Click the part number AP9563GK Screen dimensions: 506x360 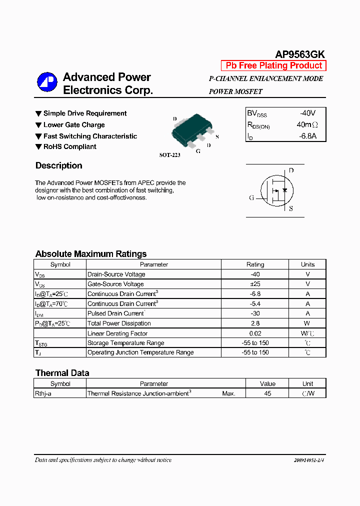pyautogui.click(x=300, y=55)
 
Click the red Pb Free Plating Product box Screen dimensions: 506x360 pyautogui.click(x=273, y=65)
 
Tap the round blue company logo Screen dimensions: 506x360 pyautogui.click(x=47, y=82)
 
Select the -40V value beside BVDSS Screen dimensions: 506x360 pyautogui.click(x=307, y=113)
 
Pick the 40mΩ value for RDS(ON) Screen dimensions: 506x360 pyautogui.click(x=307, y=124)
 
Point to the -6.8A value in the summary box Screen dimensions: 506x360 pyautogui.click(x=307, y=136)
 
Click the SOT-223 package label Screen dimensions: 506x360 pyautogui.click(x=169, y=155)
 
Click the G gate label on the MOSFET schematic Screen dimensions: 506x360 pyautogui.click(x=252, y=197)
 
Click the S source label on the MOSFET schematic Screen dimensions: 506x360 pyautogui.click(x=291, y=208)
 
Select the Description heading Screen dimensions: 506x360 pyautogui.click(x=58, y=165)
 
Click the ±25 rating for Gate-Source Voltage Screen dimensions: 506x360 pyautogui.click(x=255, y=284)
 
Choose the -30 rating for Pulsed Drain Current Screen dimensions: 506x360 pyautogui.click(x=255, y=313)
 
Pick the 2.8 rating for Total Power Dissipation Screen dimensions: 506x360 pyautogui.click(x=255, y=323)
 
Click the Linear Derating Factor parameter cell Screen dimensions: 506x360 pyautogui.click(x=117, y=333)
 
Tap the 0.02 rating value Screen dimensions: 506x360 pyautogui.click(x=255, y=333)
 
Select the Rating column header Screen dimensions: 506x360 pyautogui.click(x=255, y=264)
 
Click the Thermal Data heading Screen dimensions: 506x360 pyautogui.click(x=62, y=373)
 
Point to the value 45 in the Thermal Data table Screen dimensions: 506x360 pyautogui.click(x=267, y=393)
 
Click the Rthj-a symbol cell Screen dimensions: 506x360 pyautogui.click(x=45, y=393)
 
